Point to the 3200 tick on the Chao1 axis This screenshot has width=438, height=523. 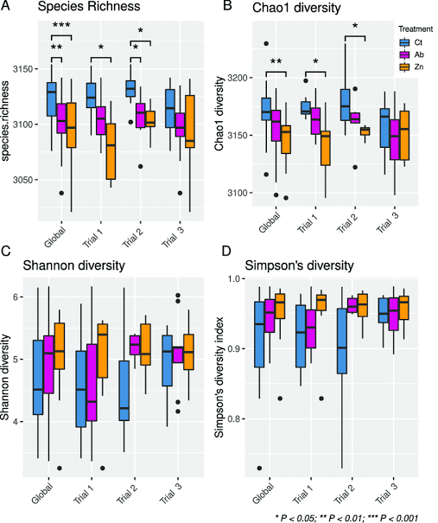click(x=250, y=79)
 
